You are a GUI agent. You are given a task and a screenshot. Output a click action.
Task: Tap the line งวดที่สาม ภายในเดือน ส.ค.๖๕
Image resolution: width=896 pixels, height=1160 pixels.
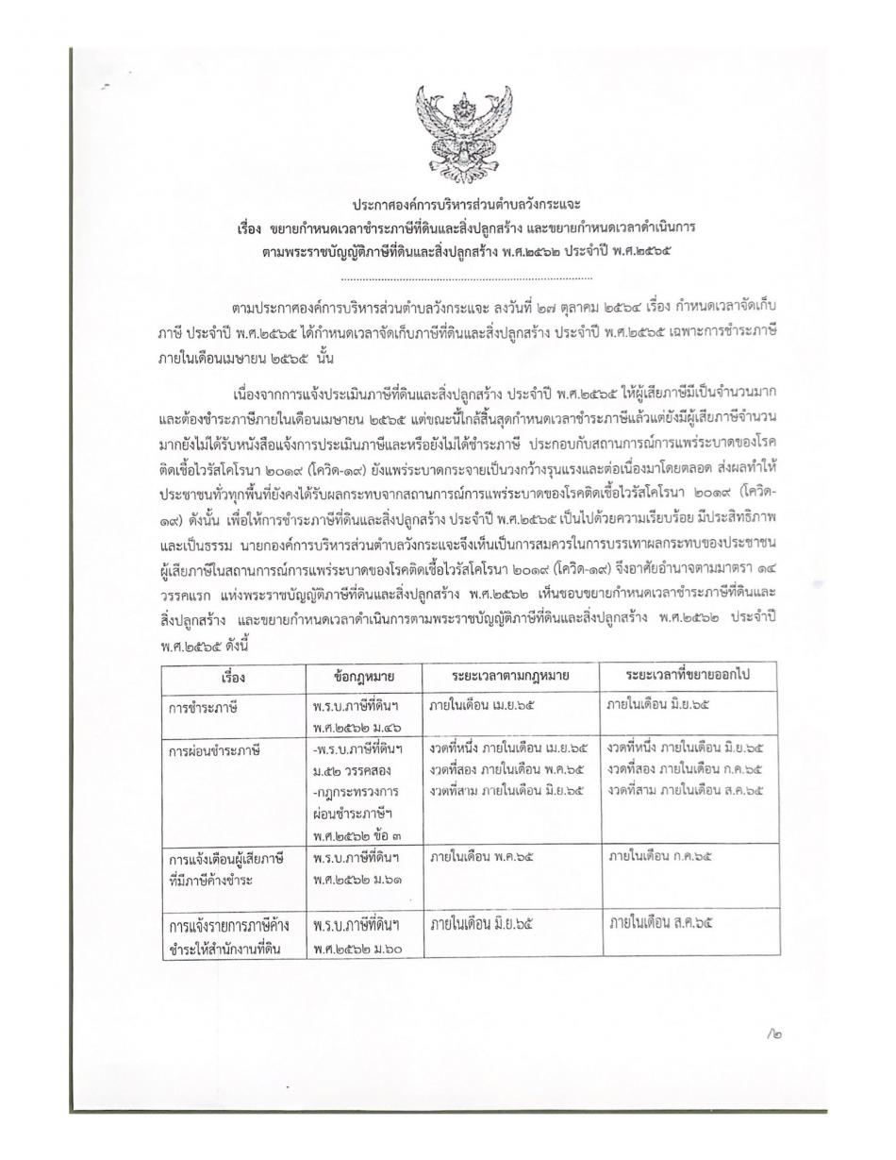[x=686, y=785]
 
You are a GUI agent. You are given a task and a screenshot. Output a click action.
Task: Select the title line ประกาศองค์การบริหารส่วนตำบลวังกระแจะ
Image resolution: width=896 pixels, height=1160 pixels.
[x=467, y=205]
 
